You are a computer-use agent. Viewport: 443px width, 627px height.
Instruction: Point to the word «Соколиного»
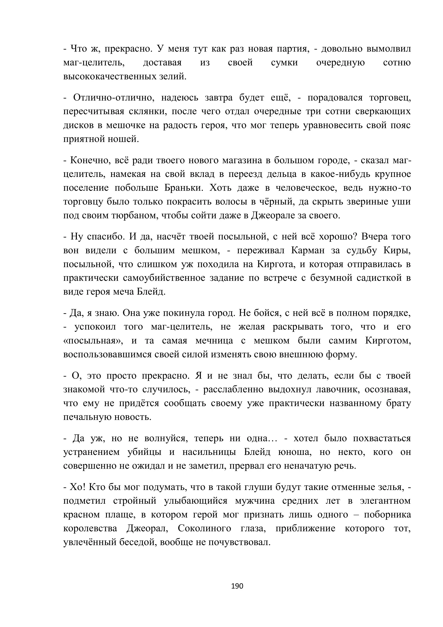pos(204,528)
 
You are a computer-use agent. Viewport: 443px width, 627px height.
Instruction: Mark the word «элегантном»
pos(385,501)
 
